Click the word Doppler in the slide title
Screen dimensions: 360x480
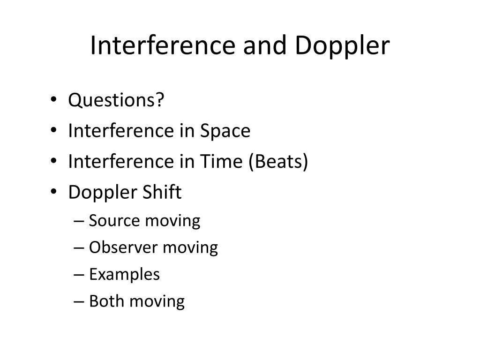point(343,46)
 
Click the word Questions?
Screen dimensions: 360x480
point(117,100)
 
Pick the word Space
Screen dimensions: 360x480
point(225,131)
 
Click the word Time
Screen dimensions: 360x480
point(223,162)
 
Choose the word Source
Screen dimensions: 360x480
point(114,220)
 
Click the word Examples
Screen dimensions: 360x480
point(124,274)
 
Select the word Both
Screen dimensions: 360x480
point(107,301)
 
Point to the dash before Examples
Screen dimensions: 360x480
point(79,275)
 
